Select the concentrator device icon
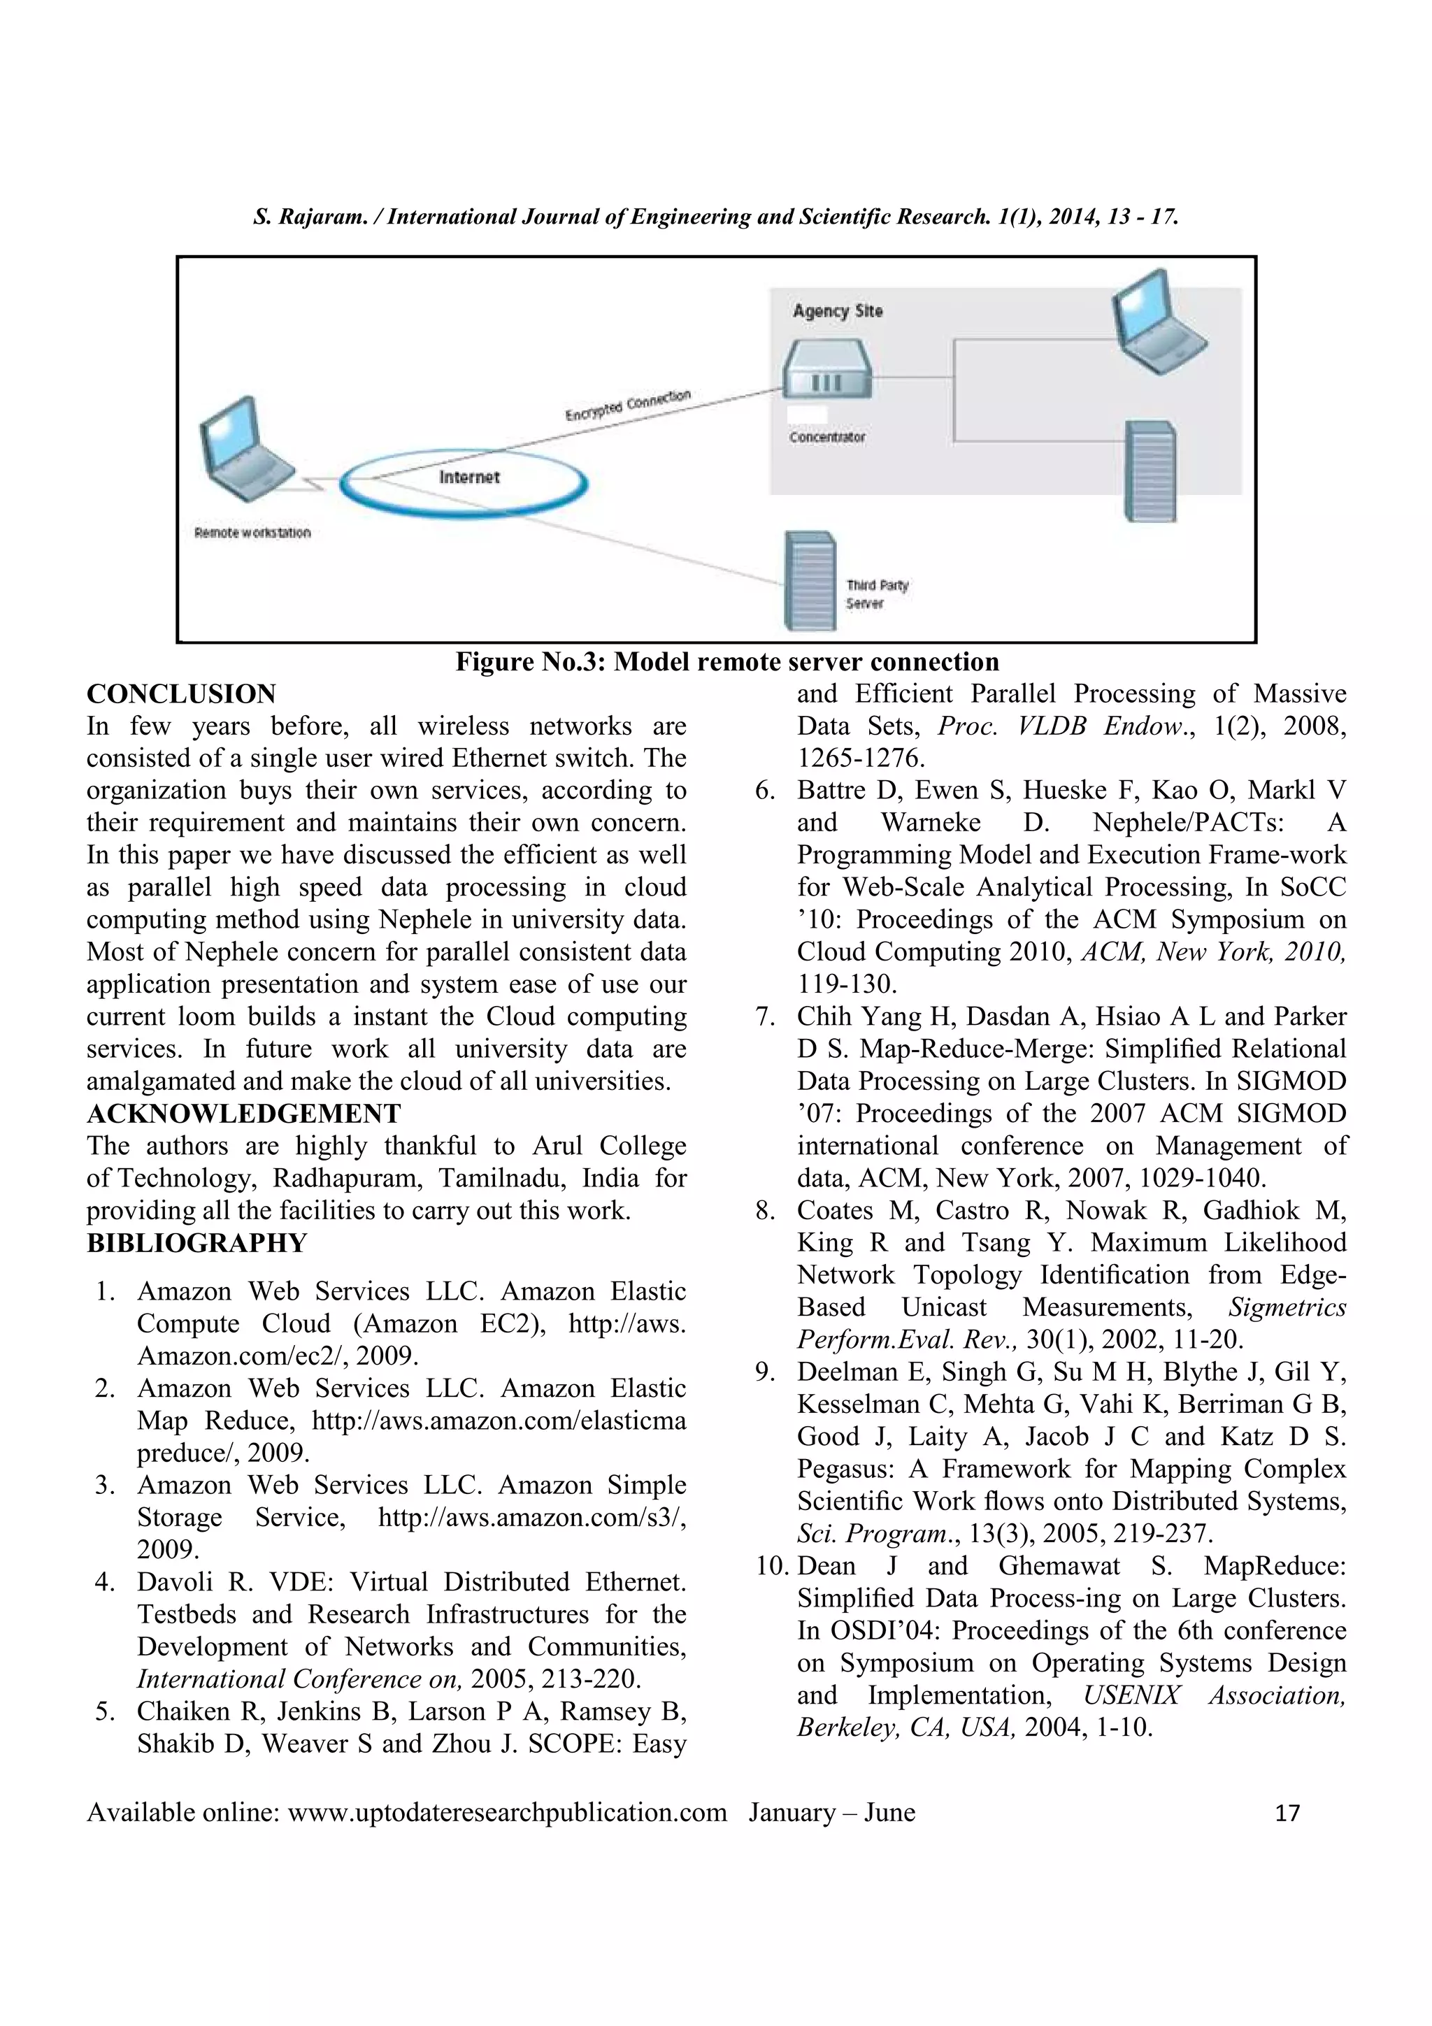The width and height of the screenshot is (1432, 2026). click(x=826, y=370)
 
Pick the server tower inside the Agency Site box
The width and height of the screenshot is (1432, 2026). click(x=1149, y=470)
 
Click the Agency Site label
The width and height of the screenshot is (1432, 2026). click(x=836, y=310)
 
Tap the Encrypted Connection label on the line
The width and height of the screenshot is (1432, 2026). click(x=627, y=405)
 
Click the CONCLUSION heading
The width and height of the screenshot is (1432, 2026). click(x=181, y=694)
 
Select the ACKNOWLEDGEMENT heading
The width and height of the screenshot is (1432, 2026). click(x=243, y=1114)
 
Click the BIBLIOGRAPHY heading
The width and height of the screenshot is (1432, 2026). click(x=196, y=1242)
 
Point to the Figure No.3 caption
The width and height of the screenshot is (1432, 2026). click(x=727, y=662)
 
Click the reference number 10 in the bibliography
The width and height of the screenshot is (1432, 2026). click(x=774, y=1566)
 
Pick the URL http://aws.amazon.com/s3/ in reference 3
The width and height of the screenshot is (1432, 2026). click(x=532, y=1517)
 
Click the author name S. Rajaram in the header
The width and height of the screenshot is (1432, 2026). click(x=307, y=217)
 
